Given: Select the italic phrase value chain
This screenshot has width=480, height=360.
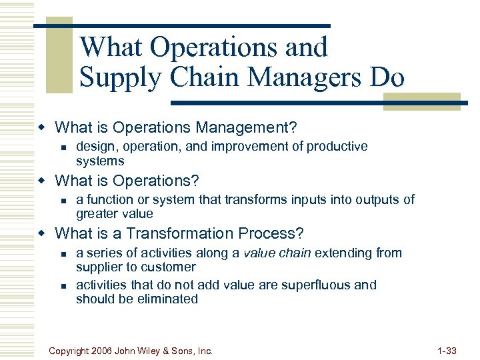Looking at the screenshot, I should click(x=279, y=253).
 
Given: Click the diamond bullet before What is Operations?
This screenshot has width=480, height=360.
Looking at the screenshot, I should click(x=42, y=181).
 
